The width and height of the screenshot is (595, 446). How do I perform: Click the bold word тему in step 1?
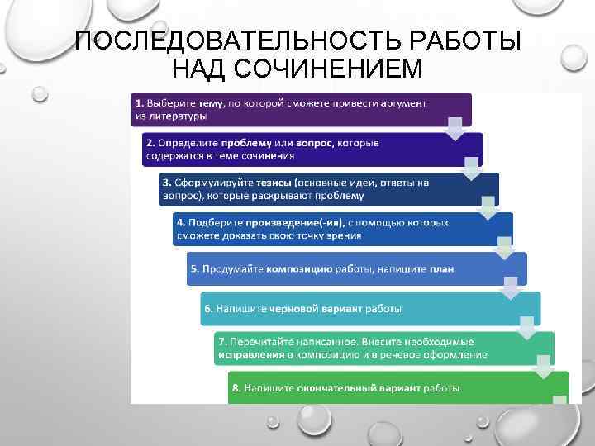(210, 102)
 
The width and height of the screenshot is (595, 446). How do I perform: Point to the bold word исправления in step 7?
(250, 354)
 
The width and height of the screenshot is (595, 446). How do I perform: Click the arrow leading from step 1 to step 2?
(454, 128)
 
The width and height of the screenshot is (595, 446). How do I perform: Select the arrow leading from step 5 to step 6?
(512, 287)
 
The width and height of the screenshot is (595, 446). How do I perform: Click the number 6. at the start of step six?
(209, 309)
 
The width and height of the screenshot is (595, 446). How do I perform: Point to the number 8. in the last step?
(237, 387)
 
